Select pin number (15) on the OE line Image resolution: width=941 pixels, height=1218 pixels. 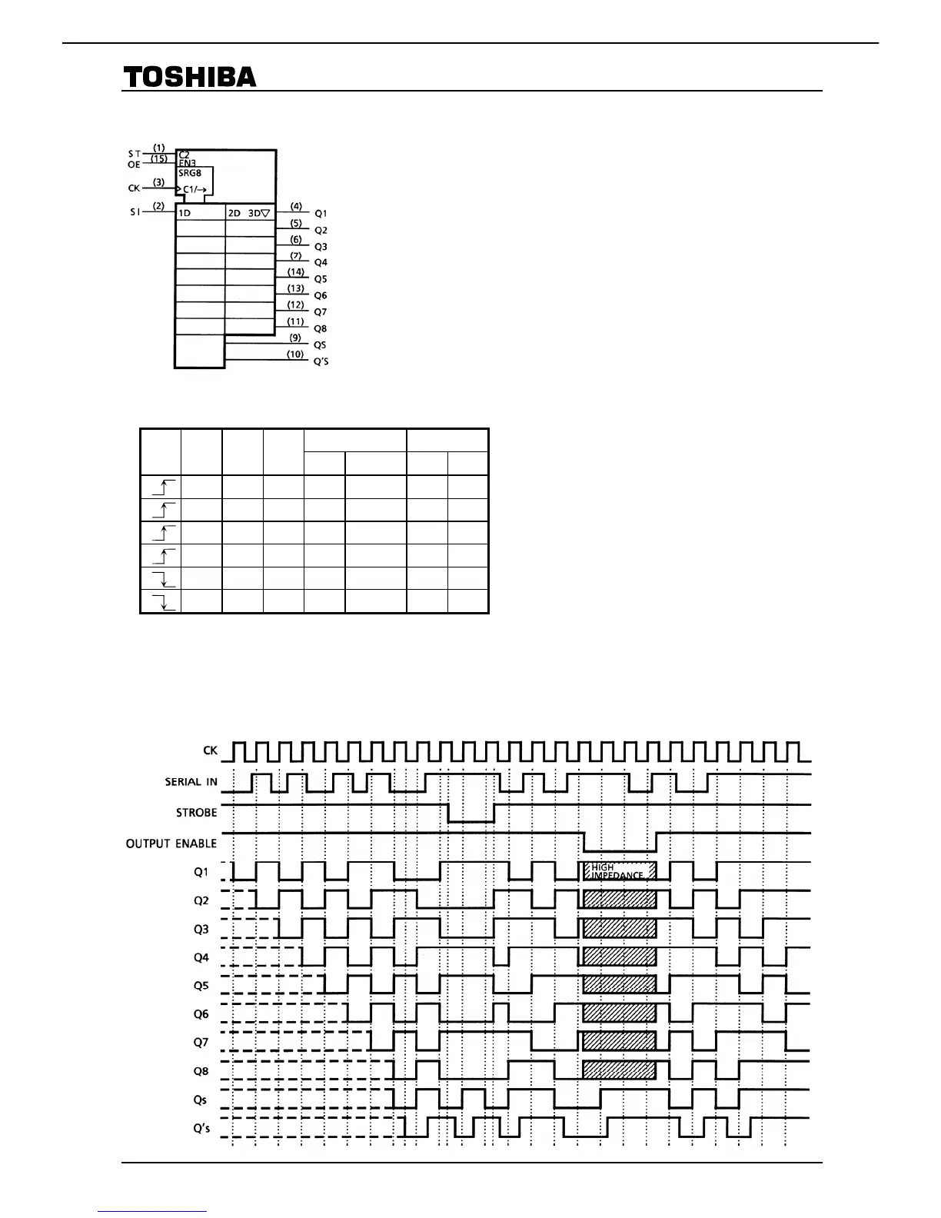(x=159, y=158)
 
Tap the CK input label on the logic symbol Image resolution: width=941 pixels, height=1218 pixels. (x=134, y=188)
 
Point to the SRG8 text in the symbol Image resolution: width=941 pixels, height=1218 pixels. (x=189, y=173)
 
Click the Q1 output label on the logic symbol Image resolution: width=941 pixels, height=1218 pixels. (x=321, y=214)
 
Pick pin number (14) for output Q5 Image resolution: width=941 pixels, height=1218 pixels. (x=296, y=272)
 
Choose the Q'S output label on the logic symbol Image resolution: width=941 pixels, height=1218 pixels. (x=321, y=361)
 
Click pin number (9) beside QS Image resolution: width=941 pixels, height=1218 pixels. (x=295, y=338)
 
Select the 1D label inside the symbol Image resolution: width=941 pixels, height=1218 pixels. (x=185, y=213)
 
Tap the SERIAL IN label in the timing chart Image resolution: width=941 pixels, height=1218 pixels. (x=191, y=782)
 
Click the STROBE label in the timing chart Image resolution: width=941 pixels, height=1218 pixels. (x=197, y=813)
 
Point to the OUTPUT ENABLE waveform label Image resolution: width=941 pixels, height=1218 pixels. (x=171, y=844)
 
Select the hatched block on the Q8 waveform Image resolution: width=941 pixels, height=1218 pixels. (x=620, y=1070)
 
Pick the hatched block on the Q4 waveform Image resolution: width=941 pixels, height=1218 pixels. (x=620, y=957)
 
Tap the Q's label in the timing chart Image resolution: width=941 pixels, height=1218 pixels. (x=201, y=1129)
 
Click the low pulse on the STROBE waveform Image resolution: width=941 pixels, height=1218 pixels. (x=470, y=820)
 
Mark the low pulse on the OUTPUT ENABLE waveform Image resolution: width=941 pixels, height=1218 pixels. (x=620, y=850)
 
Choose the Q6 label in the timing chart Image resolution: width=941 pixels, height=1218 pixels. (x=201, y=1014)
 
